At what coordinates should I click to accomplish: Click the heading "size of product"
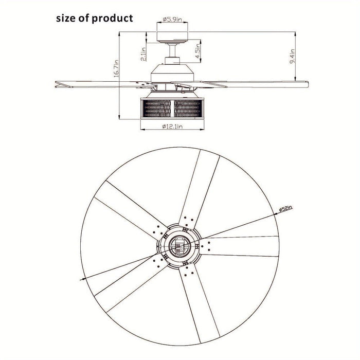[x=94, y=19]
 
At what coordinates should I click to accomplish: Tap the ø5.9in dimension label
[x=172, y=20]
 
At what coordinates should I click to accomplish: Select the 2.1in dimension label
[x=143, y=54]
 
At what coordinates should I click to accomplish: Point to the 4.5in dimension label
[x=198, y=51]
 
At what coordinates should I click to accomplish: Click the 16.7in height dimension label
[x=116, y=68]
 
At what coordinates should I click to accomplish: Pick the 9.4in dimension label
[x=292, y=56]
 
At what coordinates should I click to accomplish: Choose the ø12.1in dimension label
[x=172, y=127]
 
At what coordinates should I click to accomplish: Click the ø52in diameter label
[x=285, y=208]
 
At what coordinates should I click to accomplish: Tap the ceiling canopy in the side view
[x=172, y=37]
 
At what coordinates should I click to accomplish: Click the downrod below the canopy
[x=172, y=50]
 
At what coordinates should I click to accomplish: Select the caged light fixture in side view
[x=172, y=108]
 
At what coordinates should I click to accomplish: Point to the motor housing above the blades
[x=172, y=73]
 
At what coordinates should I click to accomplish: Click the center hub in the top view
[x=179, y=246]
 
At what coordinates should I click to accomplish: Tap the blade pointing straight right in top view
[x=239, y=246]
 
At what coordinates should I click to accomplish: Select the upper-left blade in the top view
[x=131, y=210]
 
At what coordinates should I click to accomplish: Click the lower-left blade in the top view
[x=131, y=283]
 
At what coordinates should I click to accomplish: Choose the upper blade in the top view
[x=199, y=189]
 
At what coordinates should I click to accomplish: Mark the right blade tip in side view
[x=307, y=84]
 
